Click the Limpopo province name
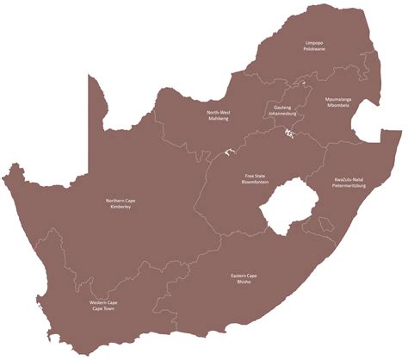point(313,42)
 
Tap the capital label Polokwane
point(313,49)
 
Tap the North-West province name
point(218,112)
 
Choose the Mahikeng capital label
point(218,119)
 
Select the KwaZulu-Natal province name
point(350,179)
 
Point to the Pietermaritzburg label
point(350,186)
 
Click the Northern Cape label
point(120,201)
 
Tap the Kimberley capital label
point(120,208)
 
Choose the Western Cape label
point(102,302)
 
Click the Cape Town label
point(102,309)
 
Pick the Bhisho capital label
point(242,282)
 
